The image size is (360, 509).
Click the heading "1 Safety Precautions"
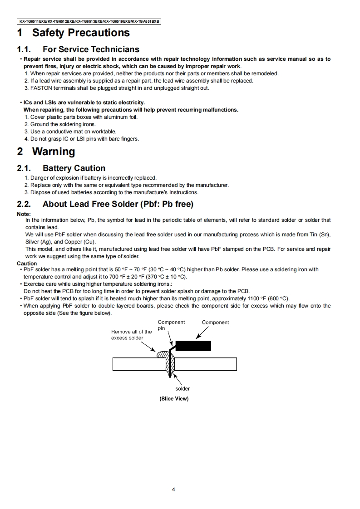click(74, 33)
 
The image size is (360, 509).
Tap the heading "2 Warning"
click(46, 152)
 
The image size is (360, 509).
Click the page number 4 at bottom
click(174, 489)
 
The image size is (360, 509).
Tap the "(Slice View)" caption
click(174, 399)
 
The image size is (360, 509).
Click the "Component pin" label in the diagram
click(171, 325)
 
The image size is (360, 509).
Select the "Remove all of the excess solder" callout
click(131, 335)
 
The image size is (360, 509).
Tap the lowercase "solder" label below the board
click(182, 389)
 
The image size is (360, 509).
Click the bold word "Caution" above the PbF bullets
click(27, 264)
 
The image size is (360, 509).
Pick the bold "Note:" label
click(24, 214)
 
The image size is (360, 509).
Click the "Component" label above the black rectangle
click(215, 323)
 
